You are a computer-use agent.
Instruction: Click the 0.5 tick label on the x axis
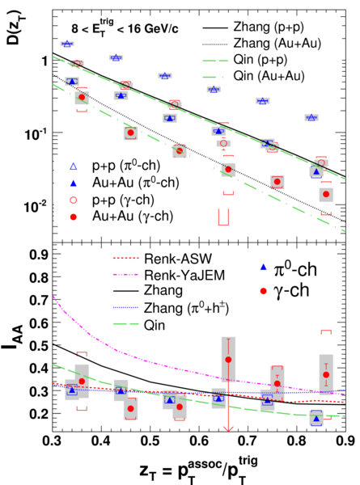(150, 441)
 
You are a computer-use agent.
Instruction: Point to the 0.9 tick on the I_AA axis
(39, 255)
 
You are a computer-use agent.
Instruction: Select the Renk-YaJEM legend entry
(169, 275)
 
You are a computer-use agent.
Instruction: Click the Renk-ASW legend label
(178, 259)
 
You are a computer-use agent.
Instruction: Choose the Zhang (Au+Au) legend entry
(262, 44)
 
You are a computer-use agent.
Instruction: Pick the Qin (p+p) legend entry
(245, 59)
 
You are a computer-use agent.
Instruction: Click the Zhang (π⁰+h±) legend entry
(172, 308)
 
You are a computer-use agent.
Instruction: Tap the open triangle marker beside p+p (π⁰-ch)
(74, 167)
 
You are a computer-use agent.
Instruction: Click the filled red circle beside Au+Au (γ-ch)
(74, 217)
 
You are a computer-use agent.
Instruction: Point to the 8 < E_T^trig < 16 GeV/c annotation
(125, 28)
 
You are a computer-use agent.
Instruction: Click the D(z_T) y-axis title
(13, 27)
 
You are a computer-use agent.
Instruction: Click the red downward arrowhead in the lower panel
(228, 429)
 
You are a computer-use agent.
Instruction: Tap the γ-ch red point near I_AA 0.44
(228, 360)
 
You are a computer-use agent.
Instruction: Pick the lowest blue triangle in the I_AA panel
(316, 419)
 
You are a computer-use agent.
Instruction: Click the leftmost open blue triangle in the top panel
(66, 44)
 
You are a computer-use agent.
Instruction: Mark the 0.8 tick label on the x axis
(297, 441)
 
